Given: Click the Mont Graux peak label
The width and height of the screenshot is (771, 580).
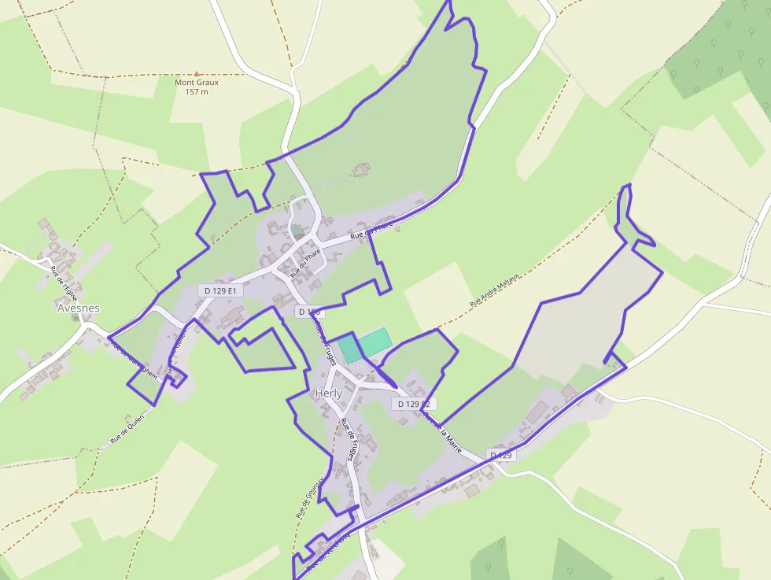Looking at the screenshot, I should pyautogui.click(x=197, y=82).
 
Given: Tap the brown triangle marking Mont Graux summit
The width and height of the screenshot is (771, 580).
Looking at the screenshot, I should pyautogui.click(x=197, y=73).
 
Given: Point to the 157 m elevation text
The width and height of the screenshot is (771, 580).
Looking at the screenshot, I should pyautogui.click(x=197, y=92).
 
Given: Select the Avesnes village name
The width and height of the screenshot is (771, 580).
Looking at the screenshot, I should pyautogui.click(x=79, y=308).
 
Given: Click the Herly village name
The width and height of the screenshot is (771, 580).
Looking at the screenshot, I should pyautogui.click(x=328, y=393).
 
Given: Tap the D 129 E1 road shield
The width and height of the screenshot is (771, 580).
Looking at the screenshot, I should pyautogui.click(x=220, y=290).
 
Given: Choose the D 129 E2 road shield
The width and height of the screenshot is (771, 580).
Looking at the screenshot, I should pyautogui.click(x=413, y=404).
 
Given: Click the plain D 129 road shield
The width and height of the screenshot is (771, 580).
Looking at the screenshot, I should pyautogui.click(x=500, y=456).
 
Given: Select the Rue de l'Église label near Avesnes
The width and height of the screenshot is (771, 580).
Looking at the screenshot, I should pyautogui.click(x=64, y=281).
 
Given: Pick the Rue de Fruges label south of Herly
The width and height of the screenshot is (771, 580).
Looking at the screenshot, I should pyautogui.click(x=349, y=441).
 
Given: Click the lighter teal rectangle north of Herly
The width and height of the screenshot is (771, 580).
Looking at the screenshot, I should pyautogui.click(x=374, y=341).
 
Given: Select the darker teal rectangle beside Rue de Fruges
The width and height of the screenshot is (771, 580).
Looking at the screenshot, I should pyautogui.click(x=350, y=349).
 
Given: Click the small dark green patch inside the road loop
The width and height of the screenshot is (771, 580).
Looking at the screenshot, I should pyautogui.click(x=297, y=231).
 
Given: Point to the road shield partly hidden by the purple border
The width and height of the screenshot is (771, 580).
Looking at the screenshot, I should pyautogui.click(x=308, y=312).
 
